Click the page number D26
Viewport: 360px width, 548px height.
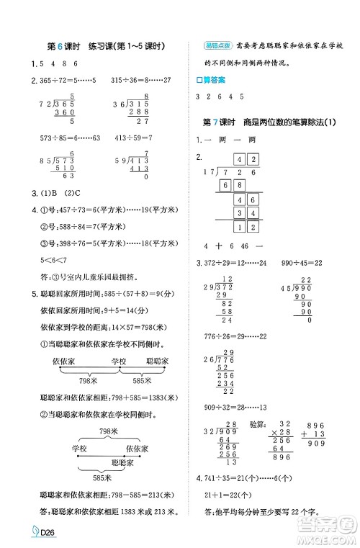pyautogui.click(x=23, y=534)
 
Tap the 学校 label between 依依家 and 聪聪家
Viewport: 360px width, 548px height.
pyautogui.click(x=119, y=360)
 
